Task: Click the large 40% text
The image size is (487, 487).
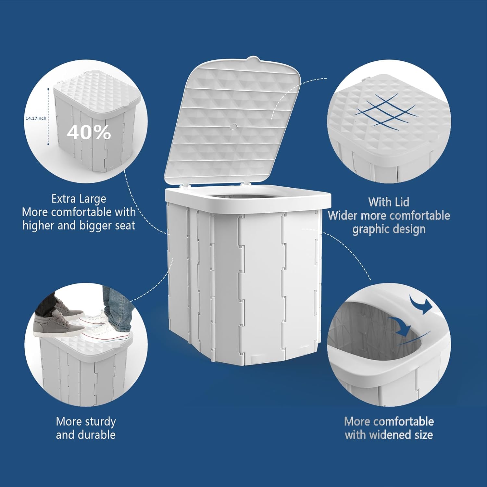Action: [89, 132]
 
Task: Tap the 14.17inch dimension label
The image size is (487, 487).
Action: [36, 119]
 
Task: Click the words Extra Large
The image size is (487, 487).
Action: [79, 199]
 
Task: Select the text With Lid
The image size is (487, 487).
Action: [389, 202]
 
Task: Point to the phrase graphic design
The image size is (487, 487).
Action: [389, 229]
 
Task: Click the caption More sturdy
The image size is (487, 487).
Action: [86, 421]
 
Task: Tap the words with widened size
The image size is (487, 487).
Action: [389, 435]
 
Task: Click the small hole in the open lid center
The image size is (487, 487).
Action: [234, 126]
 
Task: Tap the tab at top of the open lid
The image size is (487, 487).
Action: [253, 59]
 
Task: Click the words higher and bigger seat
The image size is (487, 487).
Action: [79, 225]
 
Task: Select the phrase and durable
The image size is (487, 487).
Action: [86, 435]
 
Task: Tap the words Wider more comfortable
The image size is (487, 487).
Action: [389, 216]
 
